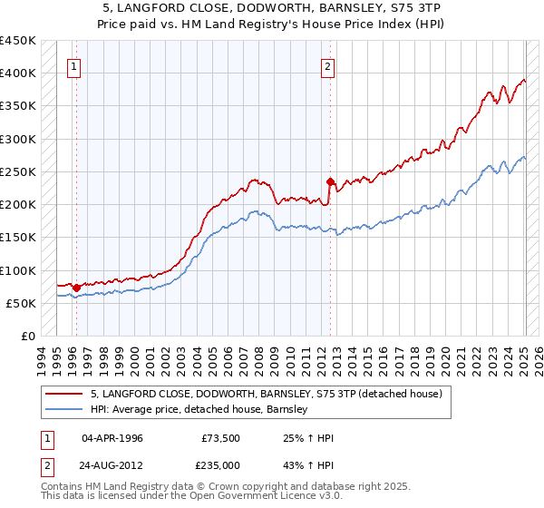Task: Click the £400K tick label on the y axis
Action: [17, 73]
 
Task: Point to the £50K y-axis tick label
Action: [20, 303]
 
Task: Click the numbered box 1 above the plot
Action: [73, 65]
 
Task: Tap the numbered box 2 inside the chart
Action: [327, 65]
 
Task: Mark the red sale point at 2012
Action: [331, 181]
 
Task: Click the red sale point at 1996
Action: [76, 288]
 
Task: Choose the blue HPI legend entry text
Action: [199, 410]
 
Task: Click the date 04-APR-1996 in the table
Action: [112, 437]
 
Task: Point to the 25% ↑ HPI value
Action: [309, 437]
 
